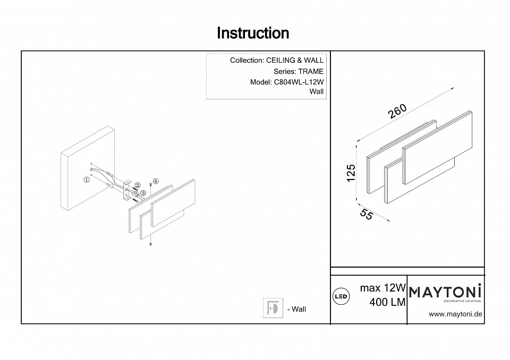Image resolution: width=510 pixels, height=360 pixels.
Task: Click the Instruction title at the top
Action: [253, 33]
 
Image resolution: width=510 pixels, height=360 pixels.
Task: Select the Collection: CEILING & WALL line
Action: [276, 61]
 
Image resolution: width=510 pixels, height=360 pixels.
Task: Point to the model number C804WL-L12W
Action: [298, 82]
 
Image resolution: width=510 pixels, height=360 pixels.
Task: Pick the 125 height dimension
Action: [351, 174]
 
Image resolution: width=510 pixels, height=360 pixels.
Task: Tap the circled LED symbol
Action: [340, 296]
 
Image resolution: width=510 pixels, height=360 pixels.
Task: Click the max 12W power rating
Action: [382, 288]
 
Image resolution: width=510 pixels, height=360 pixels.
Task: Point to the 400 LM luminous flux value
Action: [387, 302]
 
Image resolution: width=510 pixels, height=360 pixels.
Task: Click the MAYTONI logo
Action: [445, 292]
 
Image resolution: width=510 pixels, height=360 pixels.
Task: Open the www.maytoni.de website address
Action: [455, 314]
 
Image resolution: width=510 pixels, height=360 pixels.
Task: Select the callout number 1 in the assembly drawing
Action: [86, 179]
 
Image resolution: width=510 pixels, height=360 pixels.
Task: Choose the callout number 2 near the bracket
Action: [137, 185]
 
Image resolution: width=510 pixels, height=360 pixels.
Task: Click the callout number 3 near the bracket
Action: [143, 192]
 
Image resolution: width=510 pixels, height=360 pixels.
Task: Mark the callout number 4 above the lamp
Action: [155, 181]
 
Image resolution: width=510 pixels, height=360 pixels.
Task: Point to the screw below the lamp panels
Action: [152, 244]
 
